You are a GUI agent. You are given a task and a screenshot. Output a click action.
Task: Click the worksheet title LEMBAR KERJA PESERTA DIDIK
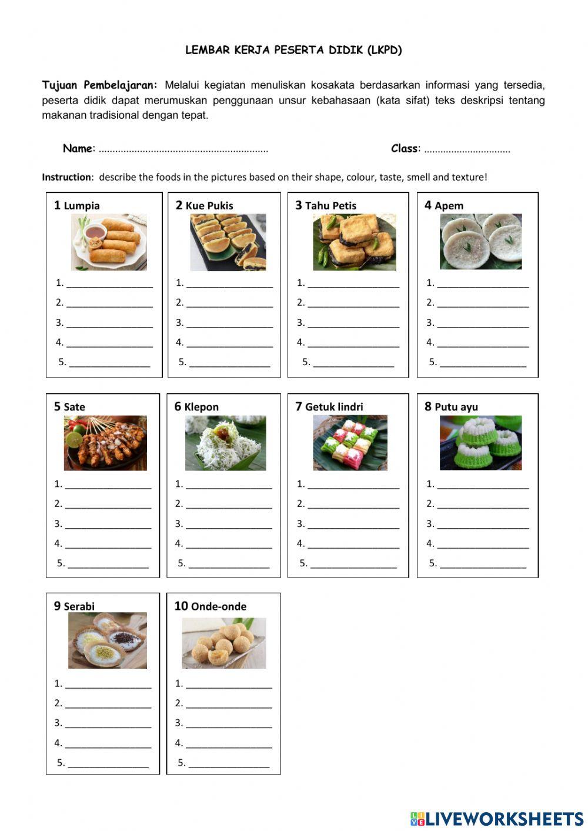point(293,50)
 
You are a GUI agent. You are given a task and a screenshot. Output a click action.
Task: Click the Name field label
point(78,148)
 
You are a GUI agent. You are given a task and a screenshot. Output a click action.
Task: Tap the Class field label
point(405,148)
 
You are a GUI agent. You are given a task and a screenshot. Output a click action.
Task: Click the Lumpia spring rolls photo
point(109,242)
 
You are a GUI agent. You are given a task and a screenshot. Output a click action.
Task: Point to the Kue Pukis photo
point(228,242)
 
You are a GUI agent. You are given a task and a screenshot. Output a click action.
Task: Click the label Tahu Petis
point(330,206)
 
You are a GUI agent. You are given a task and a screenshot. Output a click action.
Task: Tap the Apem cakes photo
point(480,241)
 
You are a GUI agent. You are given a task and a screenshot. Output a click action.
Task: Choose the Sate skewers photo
point(105,443)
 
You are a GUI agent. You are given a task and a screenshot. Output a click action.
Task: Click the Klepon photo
point(225,443)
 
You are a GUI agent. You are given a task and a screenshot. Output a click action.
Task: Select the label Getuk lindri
point(334,407)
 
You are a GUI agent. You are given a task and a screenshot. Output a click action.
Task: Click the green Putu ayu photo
point(480,443)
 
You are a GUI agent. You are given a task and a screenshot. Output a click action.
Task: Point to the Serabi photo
point(107,640)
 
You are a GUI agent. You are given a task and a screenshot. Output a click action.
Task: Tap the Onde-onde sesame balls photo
point(223,643)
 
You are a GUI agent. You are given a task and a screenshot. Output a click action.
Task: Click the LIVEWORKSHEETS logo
point(497,818)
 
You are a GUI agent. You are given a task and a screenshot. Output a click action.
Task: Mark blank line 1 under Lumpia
point(109,283)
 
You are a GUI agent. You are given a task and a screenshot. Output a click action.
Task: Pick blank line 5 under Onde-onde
point(229,763)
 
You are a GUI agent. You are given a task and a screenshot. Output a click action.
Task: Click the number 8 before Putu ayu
point(428,406)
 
